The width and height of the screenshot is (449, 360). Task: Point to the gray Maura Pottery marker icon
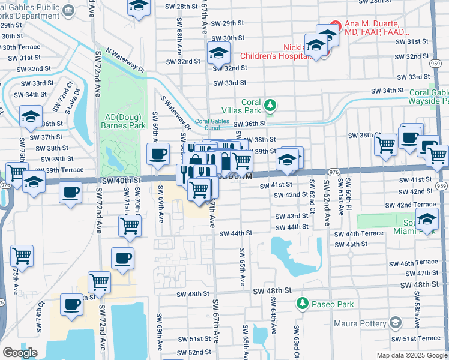[x=395, y=323]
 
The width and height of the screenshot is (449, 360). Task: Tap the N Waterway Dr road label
[x=125, y=61]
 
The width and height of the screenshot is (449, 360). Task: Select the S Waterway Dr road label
[x=175, y=114]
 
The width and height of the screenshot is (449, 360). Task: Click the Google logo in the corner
[x=20, y=353]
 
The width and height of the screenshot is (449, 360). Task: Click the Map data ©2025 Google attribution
[x=411, y=355]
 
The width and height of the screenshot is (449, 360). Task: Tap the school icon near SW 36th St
[x=31, y=118]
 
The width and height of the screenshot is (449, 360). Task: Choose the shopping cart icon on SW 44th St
[x=130, y=226]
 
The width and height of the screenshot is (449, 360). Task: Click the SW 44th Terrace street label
[x=358, y=233]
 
